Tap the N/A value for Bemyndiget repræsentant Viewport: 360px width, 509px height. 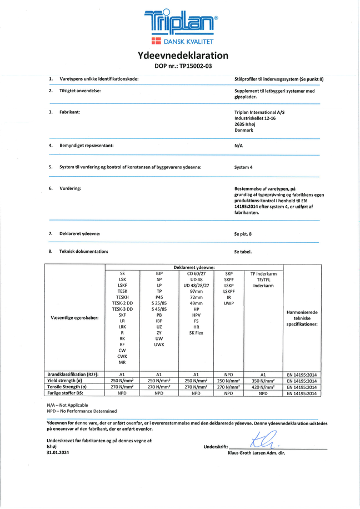click(239, 145)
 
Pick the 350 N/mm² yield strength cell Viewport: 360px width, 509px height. click(260, 381)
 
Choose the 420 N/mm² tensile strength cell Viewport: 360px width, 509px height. click(260, 387)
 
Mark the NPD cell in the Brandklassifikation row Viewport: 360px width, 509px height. click(228, 375)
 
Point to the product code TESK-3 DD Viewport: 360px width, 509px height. click(122, 308)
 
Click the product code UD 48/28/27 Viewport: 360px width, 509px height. click(196, 285)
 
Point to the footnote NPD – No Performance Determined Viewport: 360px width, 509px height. click(82, 411)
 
